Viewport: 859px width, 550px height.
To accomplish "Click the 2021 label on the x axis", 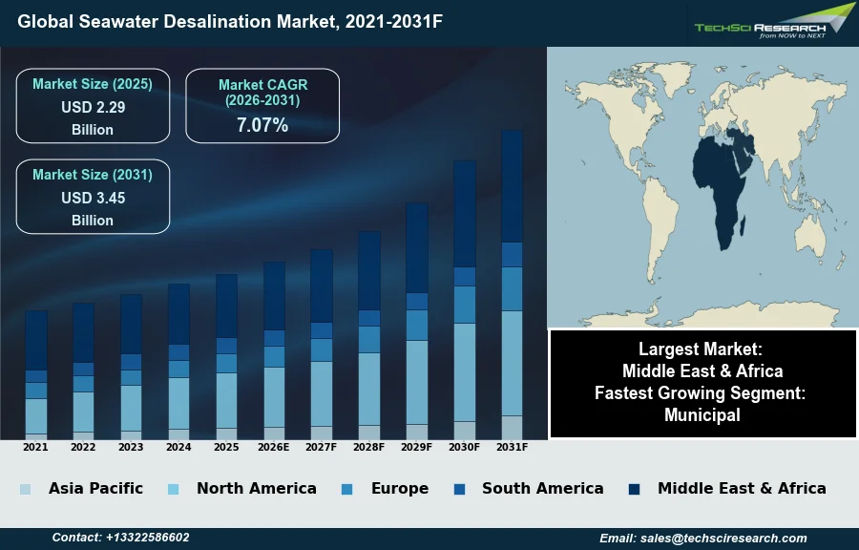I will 35,447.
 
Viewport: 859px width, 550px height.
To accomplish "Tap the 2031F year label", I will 512,447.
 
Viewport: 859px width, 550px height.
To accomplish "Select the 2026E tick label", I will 274,447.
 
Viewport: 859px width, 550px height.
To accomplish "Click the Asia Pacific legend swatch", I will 25,489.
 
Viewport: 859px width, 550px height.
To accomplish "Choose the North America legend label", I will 256,489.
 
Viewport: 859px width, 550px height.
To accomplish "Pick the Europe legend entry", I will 399,489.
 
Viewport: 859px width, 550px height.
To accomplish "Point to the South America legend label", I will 542,489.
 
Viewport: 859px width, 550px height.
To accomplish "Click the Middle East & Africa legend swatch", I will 634,489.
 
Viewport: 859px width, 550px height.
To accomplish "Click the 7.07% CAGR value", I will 262,124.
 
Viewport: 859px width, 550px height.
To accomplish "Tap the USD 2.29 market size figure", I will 93,107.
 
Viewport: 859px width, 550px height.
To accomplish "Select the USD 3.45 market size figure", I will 93,198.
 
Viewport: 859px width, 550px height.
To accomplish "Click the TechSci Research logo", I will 773,24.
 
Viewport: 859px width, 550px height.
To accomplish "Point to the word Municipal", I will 702,415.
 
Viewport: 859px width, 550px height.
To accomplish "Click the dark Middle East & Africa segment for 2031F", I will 512,186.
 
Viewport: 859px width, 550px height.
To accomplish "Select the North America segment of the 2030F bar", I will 464,372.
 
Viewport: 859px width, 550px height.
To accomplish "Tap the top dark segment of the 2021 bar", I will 36,340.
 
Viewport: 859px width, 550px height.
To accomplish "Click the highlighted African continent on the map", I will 718,201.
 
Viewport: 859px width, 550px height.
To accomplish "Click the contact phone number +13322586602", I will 120,538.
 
